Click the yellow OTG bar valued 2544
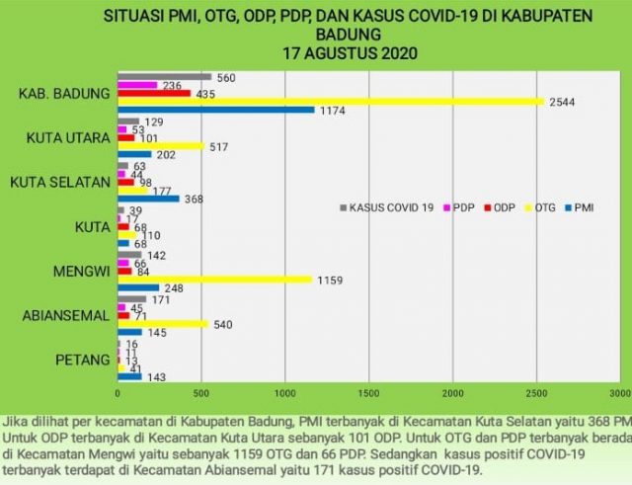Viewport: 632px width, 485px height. click(331, 101)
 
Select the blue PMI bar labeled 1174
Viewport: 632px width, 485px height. click(215, 110)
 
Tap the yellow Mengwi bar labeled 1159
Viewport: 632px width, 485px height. click(214, 280)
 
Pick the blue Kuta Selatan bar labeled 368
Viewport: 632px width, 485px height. click(148, 199)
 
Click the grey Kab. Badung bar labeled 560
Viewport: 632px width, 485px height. click(164, 76)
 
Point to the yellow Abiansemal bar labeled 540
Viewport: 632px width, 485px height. click(162, 323)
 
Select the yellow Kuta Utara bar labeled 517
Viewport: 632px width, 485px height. click(160, 146)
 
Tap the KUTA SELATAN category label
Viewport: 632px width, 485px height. click(58, 182)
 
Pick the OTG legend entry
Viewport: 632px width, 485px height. click(541, 207)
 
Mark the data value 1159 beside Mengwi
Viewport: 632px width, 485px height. click(329, 281)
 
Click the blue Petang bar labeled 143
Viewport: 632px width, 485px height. click(129, 376)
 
